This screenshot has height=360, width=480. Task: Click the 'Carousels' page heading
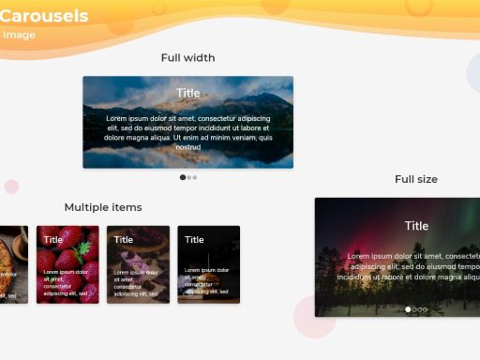pos(45,16)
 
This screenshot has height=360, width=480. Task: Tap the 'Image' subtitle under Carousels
pos(19,35)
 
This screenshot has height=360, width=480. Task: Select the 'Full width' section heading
pos(187,58)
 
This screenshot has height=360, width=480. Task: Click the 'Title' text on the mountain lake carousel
pos(187,93)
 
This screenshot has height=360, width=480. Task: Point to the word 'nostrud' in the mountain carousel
pos(188,147)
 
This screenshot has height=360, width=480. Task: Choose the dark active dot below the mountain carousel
pos(183,177)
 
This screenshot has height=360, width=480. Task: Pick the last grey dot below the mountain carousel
pos(194,177)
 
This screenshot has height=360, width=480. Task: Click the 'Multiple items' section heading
pos(103,207)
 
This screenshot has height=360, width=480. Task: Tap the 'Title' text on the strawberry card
pos(53,240)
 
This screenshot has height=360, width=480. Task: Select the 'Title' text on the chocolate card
pos(124,240)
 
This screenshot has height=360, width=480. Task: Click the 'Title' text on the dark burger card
pos(194,240)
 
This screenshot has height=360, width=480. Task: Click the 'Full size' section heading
pos(416,179)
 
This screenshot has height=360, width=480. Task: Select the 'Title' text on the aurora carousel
pos(416,226)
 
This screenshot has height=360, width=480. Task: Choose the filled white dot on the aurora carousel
pos(409,309)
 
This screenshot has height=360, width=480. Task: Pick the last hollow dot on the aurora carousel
pos(425,309)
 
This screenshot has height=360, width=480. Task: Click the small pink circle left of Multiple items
pos(11,187)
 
